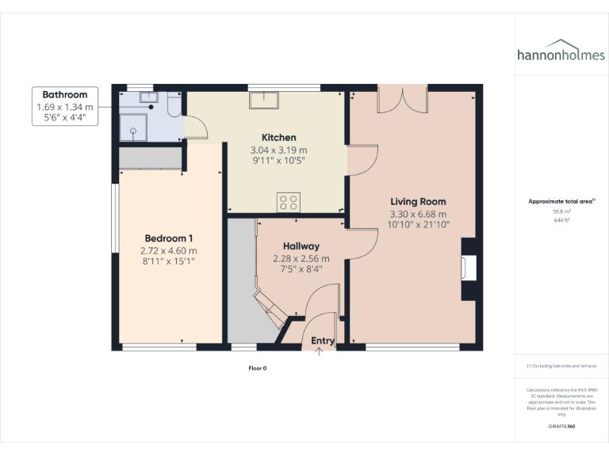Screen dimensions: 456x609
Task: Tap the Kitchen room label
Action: [x=278, y=138]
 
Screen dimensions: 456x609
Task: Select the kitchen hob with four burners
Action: [x=288, y=202]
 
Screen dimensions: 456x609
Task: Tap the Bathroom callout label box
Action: [x=65, y=106]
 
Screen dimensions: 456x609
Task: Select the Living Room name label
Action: [x=418, y=202]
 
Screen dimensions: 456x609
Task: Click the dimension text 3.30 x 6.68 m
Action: [x=418, y=214]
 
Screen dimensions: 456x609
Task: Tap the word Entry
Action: [x=323, y=341]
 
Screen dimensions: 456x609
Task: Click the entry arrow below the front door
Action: [x=320, y=353]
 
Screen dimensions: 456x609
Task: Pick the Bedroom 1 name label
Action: [x=169, y=238]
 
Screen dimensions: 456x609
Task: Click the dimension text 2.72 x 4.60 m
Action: [x=169, y=250]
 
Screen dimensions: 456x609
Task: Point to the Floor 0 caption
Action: [x=258, y=368]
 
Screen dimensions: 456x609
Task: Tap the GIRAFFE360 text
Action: [x=561, y=427]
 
